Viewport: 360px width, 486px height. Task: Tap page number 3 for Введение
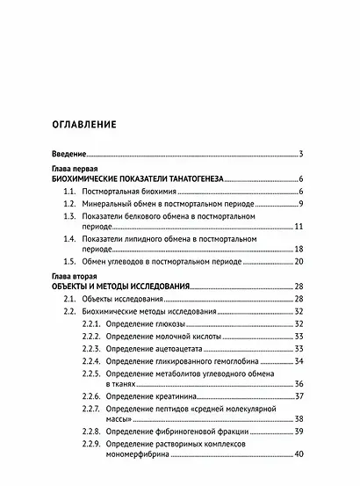[300, 155]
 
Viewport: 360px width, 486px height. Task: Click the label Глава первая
[76, 167]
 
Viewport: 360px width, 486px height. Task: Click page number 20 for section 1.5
[299, 263]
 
